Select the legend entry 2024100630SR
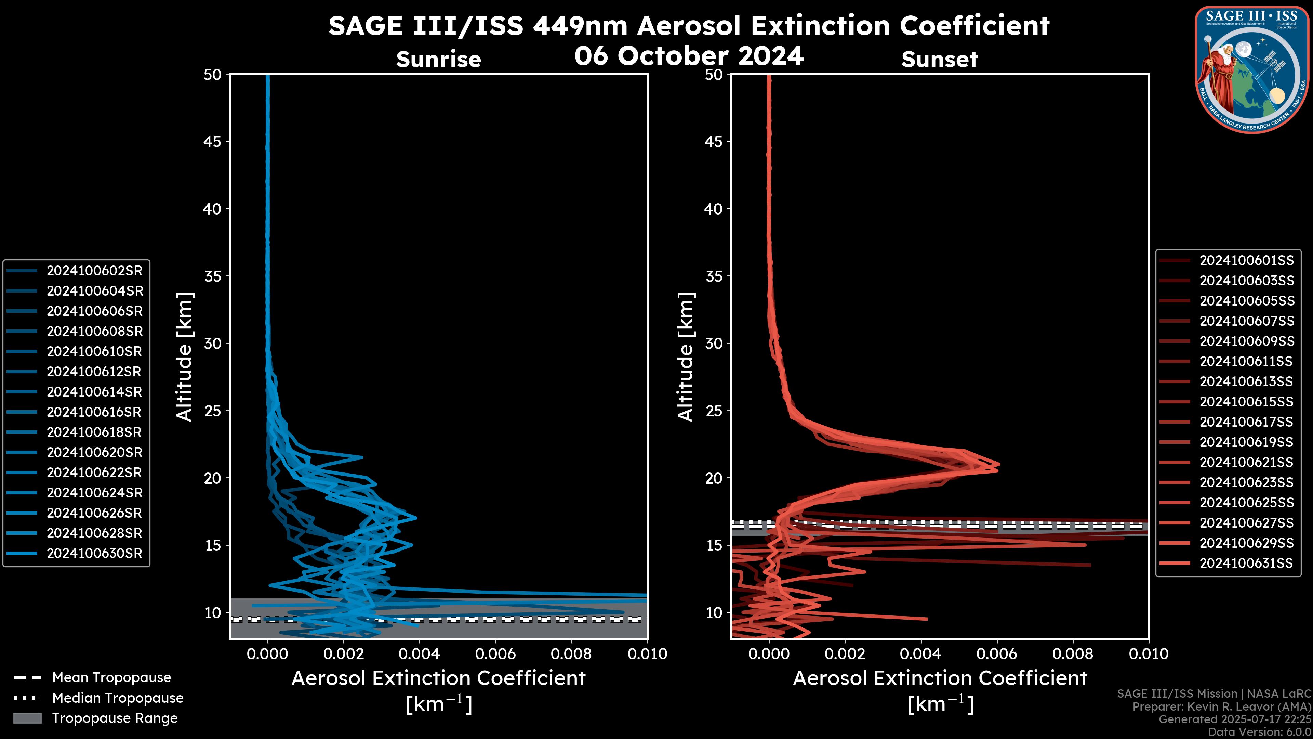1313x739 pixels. (x=94, y=553)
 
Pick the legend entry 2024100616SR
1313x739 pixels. (x=94, y=412)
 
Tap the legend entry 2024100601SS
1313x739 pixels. (x=1246, y=261)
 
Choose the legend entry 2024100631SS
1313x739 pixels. (x=1246, y=563)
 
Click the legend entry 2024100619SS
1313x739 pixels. (x=1246, y=442)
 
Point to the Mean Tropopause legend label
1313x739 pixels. (x=111, y=677)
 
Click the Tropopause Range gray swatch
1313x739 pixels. (x=27, y=718)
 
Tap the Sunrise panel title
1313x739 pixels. (x=438, y=59)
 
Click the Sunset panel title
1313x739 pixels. (x=939, y=59)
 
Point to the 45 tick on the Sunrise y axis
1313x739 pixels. (x=213, y=141)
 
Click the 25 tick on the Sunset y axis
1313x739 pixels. (x=714, y=411)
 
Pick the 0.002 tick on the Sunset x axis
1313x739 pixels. (x=845, y=654)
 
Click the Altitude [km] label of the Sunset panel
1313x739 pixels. (x=686, y=357)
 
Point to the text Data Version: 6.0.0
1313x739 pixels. (x=1260, y=732)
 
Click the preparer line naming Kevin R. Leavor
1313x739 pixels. (x=1221, y=706)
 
